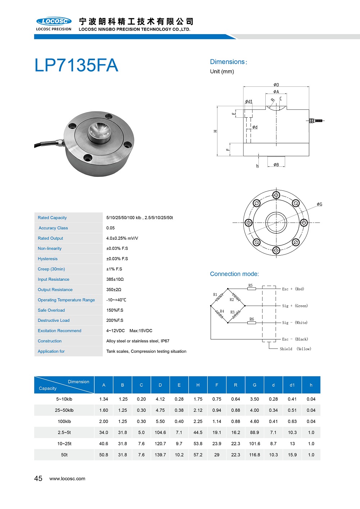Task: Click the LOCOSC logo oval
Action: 54,21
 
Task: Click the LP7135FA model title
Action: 76,66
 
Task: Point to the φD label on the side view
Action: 276,85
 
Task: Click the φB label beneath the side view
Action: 276,165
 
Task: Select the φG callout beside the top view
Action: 319,204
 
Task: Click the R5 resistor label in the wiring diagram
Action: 251,285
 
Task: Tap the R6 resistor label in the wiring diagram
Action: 252,319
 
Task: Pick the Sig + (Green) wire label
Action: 295,306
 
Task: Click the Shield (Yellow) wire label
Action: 295,349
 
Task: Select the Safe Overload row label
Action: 51,310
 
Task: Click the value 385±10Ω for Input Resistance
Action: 115,279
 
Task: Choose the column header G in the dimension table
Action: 255,385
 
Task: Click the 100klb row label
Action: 64,422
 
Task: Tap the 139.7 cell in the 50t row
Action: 160,455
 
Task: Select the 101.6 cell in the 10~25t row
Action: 255,444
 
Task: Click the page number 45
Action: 38,478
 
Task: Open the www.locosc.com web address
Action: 67,479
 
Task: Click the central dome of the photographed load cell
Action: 100,132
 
